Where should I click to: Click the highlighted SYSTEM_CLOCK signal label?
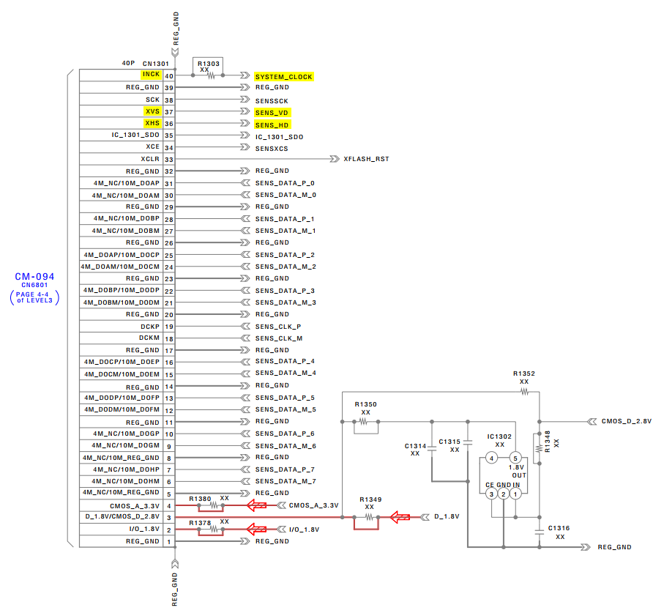[x=284, y=77]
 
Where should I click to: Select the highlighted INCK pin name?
[x=152, y=74]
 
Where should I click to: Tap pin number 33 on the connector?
[x=169, y=160]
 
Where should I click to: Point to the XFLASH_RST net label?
[x=366, y=159]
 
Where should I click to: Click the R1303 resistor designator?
[x=209, y=64]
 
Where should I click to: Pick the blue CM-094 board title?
[x=34, y=277]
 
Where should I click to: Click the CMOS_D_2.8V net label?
[x=627, y=421]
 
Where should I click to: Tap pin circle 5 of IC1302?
[x=515, y=458]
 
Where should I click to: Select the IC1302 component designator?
[x=499, y=436]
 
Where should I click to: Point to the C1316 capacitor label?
[x=559, y=528]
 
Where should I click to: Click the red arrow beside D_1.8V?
[x=400, y=517]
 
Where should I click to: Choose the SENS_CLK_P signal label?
[x=278, y=327]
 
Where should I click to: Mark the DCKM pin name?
[x=149, y=338]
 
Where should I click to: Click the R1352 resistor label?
[x=524, y=374]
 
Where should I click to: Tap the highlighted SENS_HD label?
[x=272, y=125]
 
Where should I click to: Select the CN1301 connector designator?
[x=156, y=64]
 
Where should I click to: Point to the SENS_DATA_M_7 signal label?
[x=286, y=481]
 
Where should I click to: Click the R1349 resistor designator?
[x=370, y=499]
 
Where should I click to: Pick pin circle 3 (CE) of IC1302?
[x=492, y=494]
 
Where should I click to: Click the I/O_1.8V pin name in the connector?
[x=144, y=529]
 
